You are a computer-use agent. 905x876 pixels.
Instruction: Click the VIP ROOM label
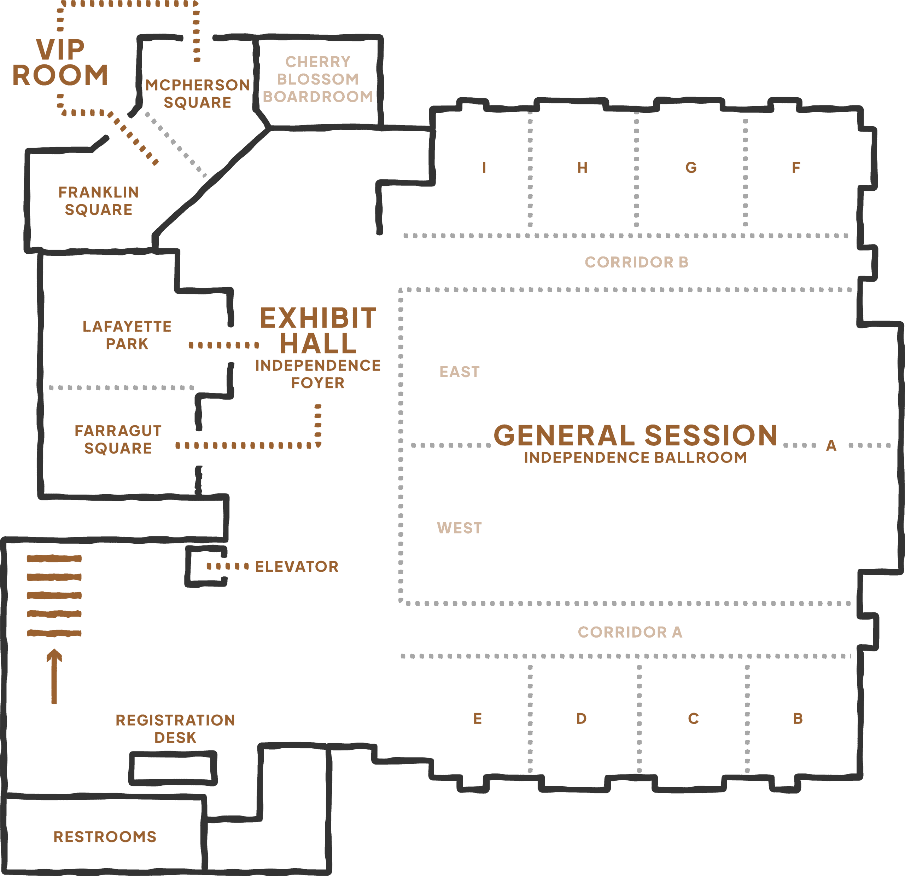point(60,62)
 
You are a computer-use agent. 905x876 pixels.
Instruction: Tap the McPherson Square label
point(197,93)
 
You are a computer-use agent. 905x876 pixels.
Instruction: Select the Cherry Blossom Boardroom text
point(318,79)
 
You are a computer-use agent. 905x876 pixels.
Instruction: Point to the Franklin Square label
point(98,201)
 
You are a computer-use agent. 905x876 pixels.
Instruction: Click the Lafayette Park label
point(127,335)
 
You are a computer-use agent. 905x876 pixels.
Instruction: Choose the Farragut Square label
point(118,439)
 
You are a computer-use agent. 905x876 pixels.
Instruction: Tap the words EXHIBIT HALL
point(318,330)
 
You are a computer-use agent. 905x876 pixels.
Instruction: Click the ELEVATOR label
point(297,566)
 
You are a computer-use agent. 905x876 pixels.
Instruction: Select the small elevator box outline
point(206,566)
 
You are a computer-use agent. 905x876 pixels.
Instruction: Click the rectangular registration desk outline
point(173,768)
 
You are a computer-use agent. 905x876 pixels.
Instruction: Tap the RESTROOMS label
point(105,837)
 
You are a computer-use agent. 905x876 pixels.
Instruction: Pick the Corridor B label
point(636,262)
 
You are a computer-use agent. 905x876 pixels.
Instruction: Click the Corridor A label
point(630,632)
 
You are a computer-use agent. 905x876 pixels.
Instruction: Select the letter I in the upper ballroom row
point(484,167)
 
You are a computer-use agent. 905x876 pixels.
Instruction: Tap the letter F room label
point(796,167)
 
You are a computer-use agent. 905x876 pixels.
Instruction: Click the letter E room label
point(478,719)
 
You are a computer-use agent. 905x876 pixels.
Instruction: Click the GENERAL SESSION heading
point(635,435)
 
